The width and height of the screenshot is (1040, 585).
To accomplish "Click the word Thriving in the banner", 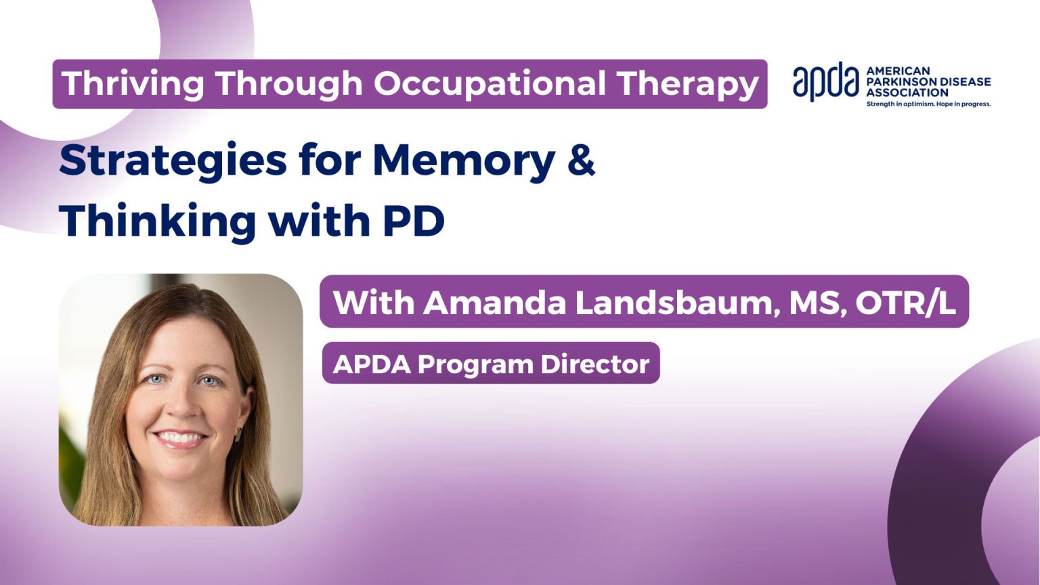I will click(133, 84).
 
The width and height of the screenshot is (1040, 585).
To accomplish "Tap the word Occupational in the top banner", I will click(490, 84).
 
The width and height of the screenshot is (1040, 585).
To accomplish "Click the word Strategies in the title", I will click(173, 160).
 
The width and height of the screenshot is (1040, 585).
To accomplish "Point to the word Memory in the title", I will click(464, 160).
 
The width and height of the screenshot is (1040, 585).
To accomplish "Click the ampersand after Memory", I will click(581, 160).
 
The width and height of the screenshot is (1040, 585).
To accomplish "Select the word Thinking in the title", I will click(158, 221).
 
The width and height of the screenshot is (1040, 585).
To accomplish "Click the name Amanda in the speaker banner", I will click(494, 303).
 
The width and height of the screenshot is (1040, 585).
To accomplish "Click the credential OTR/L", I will click(905, 303).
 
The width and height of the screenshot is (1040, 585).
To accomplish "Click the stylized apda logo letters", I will click(826, 81).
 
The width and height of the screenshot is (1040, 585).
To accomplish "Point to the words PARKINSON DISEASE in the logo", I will click(928, 82).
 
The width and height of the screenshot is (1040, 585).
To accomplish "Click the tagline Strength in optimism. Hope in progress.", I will click(928, 104).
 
